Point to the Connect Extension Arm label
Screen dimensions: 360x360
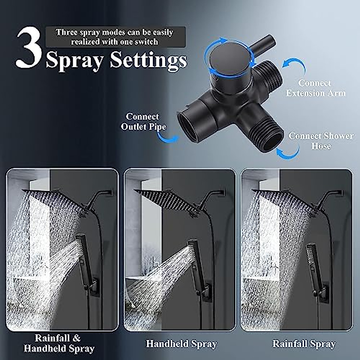click(315, 88)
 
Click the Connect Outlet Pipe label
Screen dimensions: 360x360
click(143, 121)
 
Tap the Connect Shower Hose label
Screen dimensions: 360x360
click(321, 141)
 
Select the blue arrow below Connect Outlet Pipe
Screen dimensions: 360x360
click(168, 138)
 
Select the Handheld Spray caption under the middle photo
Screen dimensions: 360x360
click(181, 344)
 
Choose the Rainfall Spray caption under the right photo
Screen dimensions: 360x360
click(304, 344)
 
